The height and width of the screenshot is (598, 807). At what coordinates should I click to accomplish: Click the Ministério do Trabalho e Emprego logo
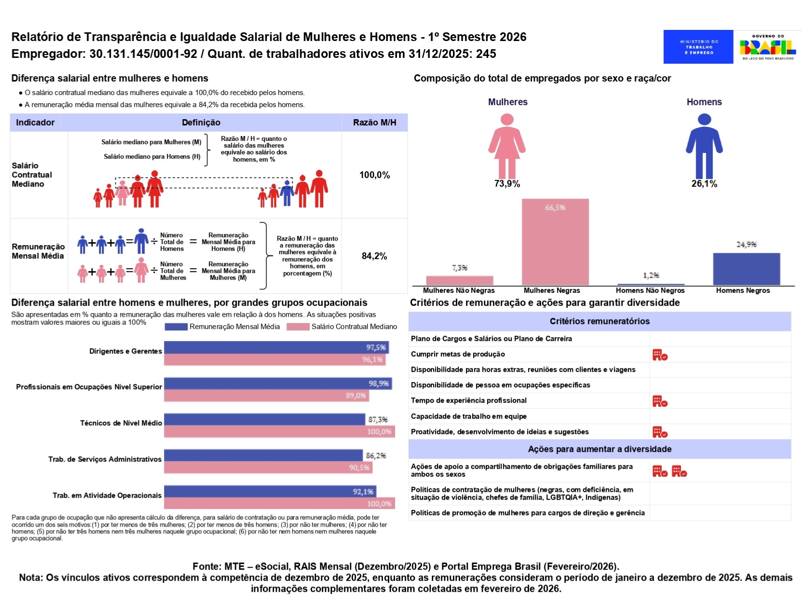click(x=698, y=47)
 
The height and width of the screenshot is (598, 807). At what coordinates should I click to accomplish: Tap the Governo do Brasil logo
click(x=767, y=47)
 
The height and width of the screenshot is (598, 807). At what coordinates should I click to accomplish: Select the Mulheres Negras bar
click(x=555, y=242)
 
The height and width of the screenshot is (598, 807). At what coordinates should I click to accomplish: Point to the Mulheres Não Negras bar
click(x=459, y=280)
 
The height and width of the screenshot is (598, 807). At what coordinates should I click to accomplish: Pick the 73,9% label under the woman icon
click(x=507, y=184)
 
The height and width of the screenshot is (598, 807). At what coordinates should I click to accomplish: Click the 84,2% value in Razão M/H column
click(x=374, y=256)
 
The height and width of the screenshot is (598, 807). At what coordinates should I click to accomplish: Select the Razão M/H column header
click(x=374, y=123)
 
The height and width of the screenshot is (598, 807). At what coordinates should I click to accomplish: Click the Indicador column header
click(x=35, y=123)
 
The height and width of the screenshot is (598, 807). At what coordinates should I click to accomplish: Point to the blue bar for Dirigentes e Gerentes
click(x=276, y=347)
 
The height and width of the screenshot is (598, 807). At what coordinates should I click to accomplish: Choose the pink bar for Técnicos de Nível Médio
click(x=279, y=431)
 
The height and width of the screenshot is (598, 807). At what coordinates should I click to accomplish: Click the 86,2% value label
click(x=376, y=456)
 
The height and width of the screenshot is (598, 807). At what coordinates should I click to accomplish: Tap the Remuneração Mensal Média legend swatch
click(x=176, y=327)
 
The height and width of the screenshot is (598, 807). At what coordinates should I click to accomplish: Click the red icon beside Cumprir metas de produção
click(x=659, y=355)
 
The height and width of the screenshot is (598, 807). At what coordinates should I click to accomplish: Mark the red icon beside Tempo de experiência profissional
click(x=659, y=402)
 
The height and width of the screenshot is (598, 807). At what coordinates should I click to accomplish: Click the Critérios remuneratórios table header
click(x=600, y=321)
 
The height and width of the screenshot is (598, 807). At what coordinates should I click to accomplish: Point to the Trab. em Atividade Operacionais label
click(x=107, y=496)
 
